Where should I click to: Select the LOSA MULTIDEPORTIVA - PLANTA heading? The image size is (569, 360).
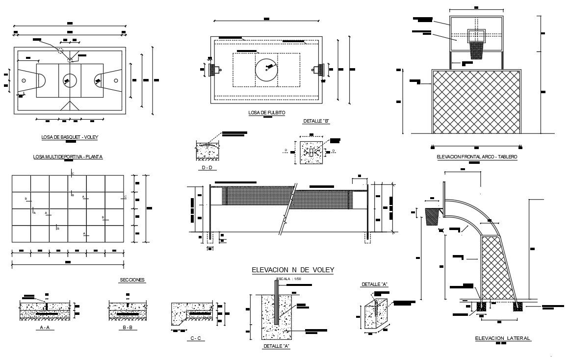[68, 157]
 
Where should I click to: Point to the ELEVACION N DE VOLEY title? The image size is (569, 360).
[292, 270]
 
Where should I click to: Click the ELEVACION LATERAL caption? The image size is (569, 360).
[503, 338]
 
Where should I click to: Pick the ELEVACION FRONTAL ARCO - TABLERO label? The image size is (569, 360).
[477, 157]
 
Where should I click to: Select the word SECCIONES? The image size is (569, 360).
[132, 280]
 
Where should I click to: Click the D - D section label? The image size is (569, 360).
[207, 168]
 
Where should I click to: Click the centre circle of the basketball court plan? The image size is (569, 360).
[70, 79]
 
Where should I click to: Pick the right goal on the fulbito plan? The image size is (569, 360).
[321, 70]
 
